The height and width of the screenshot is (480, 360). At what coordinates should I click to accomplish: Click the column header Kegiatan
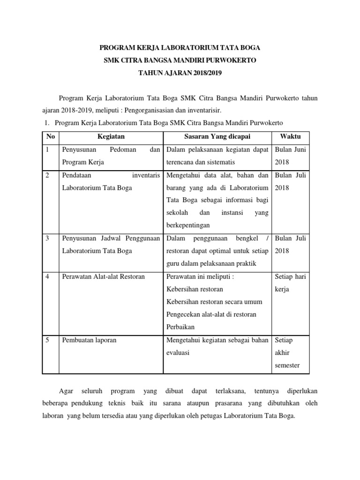(111, 136)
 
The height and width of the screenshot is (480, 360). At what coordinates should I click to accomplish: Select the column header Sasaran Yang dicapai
(217, 136)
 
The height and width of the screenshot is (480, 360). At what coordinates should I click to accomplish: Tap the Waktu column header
(290, 136)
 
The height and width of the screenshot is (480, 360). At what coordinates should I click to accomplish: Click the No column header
(49, 136)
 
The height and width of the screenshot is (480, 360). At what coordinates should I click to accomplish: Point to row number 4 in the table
(48, 277)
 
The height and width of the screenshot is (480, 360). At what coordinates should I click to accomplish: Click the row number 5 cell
(48, 340)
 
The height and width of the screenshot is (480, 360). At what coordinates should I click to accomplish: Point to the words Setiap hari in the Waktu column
(290, 277)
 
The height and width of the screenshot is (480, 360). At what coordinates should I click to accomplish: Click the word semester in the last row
(287, 365)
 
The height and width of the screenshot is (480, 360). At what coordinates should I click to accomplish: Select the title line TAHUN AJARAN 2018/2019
(180, 73)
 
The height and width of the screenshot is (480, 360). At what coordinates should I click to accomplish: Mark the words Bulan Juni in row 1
(290, 150)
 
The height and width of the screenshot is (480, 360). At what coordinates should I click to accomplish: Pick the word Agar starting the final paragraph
(63, 390)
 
